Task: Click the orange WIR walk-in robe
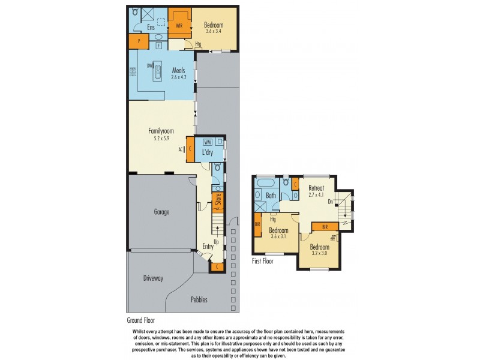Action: coord(179,25)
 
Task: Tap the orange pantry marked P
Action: coord(139,41)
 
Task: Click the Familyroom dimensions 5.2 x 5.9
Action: coord(161,137)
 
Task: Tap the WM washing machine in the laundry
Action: coord(207,142)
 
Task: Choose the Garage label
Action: coord(161,212)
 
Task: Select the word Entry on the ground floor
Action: coord(208,247)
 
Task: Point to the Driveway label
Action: coord(153,278)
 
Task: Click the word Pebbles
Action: coord(199,299)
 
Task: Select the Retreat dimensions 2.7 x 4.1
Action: coord(316,195)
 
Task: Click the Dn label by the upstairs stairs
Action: coord(330,202)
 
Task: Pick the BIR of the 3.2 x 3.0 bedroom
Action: coord(325,227)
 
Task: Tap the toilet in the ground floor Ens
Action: coord(134,12)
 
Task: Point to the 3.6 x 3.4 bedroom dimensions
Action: coord(213,31)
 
